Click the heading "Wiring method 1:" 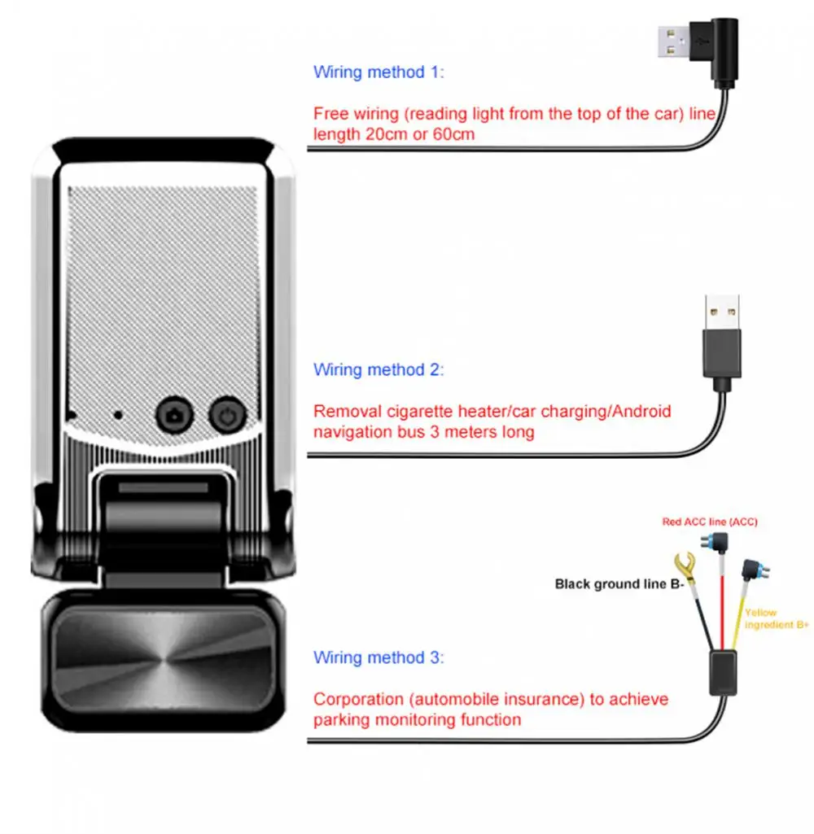click(379, 72)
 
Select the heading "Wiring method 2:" click(379, 369)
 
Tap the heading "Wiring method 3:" click(379, 657)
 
